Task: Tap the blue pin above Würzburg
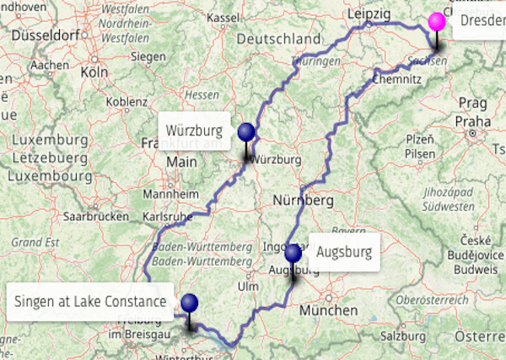coord(246,132)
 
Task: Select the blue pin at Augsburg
coord(293,253)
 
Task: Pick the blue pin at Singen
coord(190,303)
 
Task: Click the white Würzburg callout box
coord(194,131)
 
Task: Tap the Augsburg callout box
coord(343,251)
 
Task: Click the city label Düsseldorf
coord(49,37)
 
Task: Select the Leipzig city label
coord(369,14)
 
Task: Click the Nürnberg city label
coord(304,201)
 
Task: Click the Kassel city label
coord(223,18)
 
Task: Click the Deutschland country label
coord(279,40)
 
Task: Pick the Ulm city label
coord(247,286)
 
